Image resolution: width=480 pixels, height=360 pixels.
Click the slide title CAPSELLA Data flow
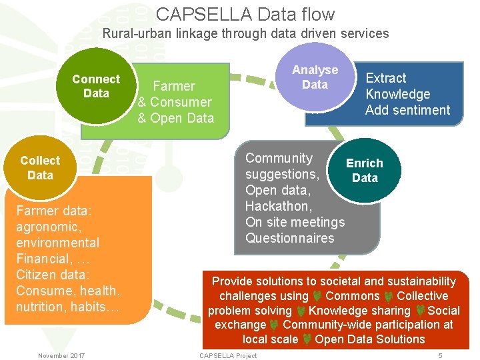pos(245,14)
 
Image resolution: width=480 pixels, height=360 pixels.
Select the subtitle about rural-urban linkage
pos(245,33)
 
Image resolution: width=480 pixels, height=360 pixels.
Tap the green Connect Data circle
pos(96,86)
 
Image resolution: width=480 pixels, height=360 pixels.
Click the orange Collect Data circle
pos(40,167)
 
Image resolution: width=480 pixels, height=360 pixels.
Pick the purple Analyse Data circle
pos(315,77)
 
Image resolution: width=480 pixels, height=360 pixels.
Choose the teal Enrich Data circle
pos(365,171)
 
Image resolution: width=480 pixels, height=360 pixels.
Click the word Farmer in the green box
pos(174,86)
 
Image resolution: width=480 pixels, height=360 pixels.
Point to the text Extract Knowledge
pos(397,86)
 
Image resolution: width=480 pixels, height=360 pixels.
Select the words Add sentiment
pos(407,110)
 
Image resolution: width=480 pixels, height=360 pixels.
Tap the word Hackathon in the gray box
pos(278,206)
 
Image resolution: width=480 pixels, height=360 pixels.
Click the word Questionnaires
pos(289,238)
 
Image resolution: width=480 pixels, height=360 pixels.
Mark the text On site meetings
pos(295,222)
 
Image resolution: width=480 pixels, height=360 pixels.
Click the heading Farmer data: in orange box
pos(53,211)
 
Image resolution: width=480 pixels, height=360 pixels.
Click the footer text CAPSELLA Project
pos(228,355)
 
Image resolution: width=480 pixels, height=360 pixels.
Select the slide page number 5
pos(440,355)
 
